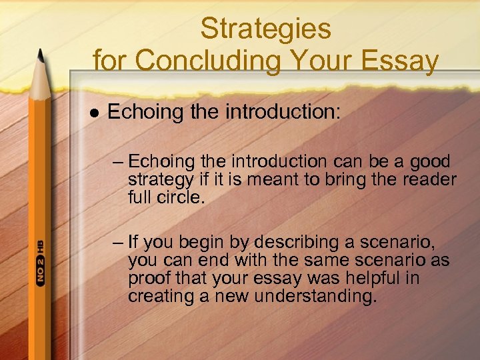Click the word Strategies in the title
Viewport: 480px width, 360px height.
coord(265,29)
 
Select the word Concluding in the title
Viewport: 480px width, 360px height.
coord(205,62)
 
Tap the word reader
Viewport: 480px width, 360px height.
coord(427,180)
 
